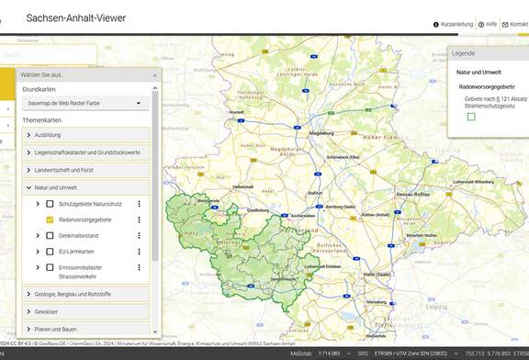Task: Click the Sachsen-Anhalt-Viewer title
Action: (75, 17)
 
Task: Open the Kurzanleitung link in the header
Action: (456, 25)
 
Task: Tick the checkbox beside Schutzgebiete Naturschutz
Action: (50, 204)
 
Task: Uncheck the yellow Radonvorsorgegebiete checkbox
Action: (50, 220)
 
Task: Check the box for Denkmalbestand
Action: (50, 236)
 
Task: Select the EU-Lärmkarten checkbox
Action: (50, 252)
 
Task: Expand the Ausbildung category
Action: (86, 135)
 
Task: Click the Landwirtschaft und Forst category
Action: (86, 170)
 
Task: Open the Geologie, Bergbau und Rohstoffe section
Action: (86, 294)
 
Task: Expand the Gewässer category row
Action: (86, 311)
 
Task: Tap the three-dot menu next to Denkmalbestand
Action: (140, 236)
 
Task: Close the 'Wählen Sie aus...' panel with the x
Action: (154, 75)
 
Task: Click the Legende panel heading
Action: (463, 54)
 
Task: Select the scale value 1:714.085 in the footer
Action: (328, 353)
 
